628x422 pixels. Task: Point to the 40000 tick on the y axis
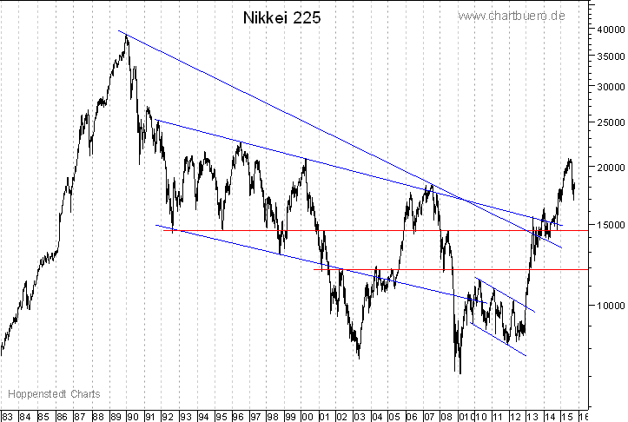[608, 29]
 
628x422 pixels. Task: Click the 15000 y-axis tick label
[608, 225]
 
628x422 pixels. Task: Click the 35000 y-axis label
[608, 56]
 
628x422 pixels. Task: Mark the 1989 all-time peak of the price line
[127, 36]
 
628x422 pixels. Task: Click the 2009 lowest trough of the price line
[459, 373]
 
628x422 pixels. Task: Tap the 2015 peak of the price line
[570, 160]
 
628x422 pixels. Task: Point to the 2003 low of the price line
[359, 356]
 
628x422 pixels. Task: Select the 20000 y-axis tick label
[608, 167]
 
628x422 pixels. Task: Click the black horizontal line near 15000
[347, 230]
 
